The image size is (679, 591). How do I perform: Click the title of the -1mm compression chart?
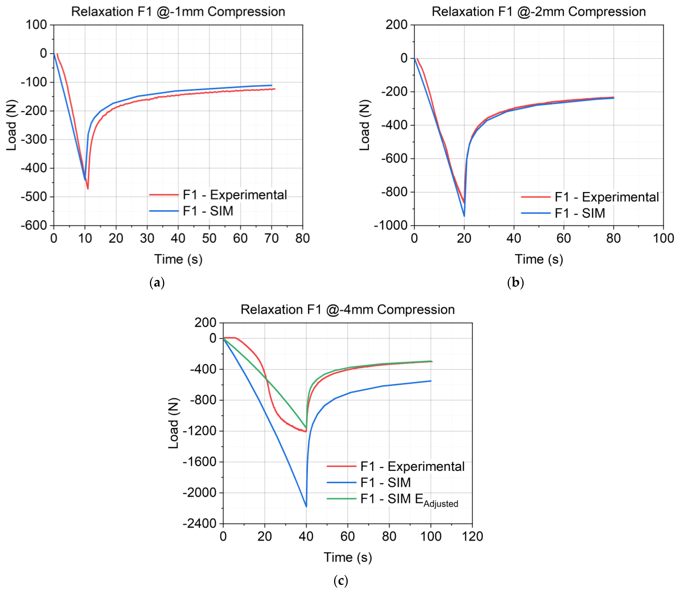click(x=178, y=12)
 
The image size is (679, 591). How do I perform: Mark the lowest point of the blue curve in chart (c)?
click(x=306, y=507)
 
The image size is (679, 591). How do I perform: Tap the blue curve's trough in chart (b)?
click(x=464, y=216)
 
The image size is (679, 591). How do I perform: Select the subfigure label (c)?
click(x=340, y=580)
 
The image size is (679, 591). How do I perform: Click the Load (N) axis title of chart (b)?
click(x=365, y=125)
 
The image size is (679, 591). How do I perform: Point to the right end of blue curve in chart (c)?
click(x=431, y=381)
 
